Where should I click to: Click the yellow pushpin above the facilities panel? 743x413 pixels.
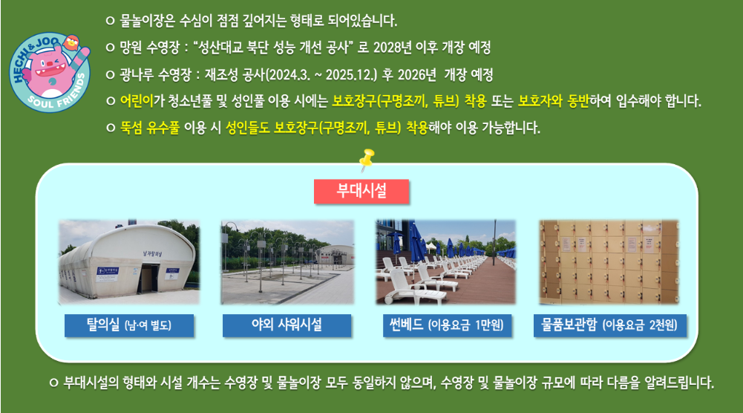(x=366, y=159)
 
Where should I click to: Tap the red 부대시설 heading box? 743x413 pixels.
(x=361, y=191)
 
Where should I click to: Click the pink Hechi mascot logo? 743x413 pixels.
(x=50, y=72)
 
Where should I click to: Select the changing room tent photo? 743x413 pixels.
(x=129, y=261)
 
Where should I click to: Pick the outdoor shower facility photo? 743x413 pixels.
(x=287, y=261)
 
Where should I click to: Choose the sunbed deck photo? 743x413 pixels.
(x=446, y=261)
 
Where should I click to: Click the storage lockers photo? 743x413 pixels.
(x=609, y=261)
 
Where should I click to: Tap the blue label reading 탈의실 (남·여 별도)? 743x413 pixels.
(x=129, y=325)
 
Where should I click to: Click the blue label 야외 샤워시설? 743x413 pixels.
(x=287, y=325)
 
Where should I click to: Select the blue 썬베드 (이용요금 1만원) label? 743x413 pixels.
(x=447, y=325)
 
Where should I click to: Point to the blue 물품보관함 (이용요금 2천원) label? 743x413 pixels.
(x=610, y=325)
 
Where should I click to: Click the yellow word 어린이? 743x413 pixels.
(x=137, y=100)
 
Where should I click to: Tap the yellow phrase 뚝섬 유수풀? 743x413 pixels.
(x=150, y=128)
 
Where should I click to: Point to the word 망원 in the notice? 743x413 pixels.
(x=131, y=48)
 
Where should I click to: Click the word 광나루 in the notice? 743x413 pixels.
(x=137, y=74)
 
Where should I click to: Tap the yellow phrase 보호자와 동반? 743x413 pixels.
(x=553, y=100)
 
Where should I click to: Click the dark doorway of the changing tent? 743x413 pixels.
(x=148, y=277)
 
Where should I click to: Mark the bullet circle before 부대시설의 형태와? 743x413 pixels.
(x=53, y=383)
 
